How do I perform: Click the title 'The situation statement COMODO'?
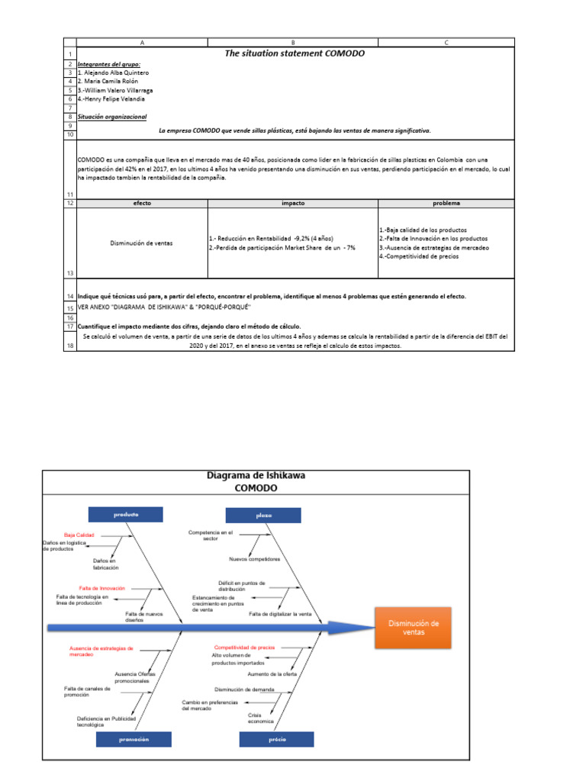coord(295,54)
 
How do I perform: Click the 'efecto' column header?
coord(142,204)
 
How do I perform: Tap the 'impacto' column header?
coord(293,204)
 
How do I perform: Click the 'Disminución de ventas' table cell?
coord(142,243)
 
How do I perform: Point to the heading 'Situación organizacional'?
coord(112,117)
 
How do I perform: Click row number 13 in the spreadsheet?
coord(69,273)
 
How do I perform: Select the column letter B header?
coord(293,43)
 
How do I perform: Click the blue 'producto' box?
coord(126,515)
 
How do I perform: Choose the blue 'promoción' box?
coord(133,739)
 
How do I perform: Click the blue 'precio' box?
coord(275,739)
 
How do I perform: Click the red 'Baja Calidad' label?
coord(79,535)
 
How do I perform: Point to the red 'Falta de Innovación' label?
coord(101,588)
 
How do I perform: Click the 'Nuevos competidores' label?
coord(254,558)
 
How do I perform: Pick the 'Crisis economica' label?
coord(255,717)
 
